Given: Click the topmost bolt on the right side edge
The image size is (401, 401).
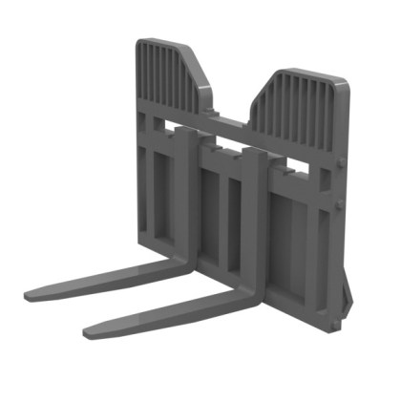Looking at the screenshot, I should click(341, 163).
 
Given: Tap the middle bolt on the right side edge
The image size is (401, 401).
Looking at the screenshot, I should click(341, 205).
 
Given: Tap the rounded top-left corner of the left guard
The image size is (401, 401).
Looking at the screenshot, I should click(139, 43).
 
